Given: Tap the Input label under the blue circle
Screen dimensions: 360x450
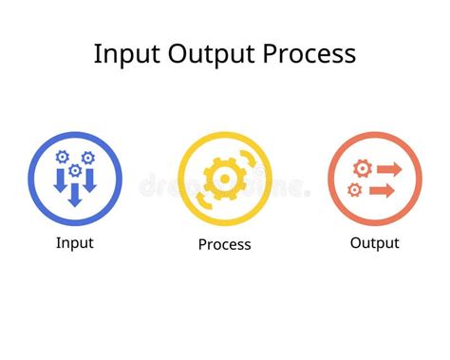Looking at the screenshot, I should point(74,242).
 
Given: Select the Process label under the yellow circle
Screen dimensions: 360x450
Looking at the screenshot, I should point(224,244).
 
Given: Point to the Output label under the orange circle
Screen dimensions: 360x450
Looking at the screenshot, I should point(374,242).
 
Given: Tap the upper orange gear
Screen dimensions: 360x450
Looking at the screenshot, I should point(360,168).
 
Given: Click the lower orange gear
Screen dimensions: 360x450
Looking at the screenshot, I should point(355,190).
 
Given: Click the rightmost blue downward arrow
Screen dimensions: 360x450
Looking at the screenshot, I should point(89,180).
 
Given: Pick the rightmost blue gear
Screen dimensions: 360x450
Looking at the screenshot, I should point(88,158).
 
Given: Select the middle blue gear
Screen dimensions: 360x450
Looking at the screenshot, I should point(75,169).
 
